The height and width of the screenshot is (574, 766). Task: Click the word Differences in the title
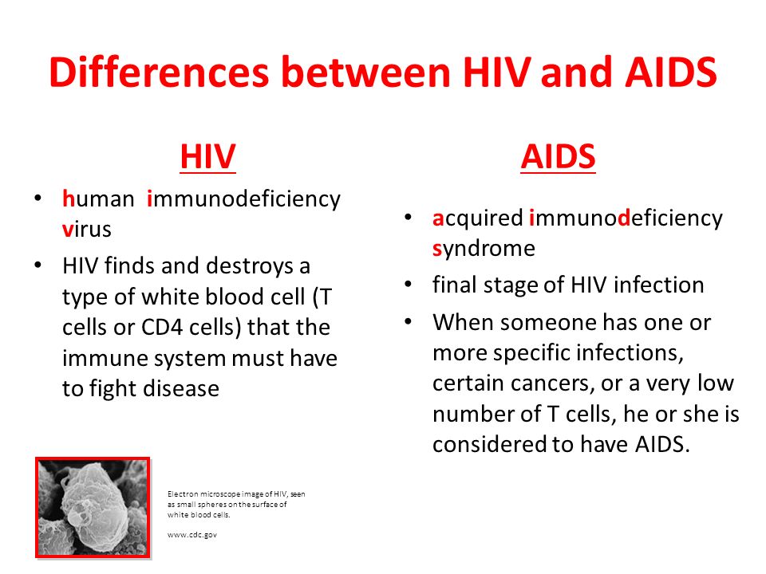[x=159, y=72]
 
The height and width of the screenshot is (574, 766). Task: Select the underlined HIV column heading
[x=208, y=157]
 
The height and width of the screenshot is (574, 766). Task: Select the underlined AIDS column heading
[x=558, y=157]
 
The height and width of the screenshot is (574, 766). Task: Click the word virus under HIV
[x=87, y=229]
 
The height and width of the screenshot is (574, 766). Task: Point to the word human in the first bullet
[x=98, y=199]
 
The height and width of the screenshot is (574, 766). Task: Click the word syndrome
[x=484, y=249]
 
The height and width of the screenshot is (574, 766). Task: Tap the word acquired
[x=478, y=218]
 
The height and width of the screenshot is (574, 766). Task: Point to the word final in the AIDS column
[x=454, y=285]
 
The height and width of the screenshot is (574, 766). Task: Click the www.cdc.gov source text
[x=192, y=535]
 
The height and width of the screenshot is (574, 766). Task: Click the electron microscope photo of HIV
[x=93, y=508]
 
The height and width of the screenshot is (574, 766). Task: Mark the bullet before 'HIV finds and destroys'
[x=38, y=265]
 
